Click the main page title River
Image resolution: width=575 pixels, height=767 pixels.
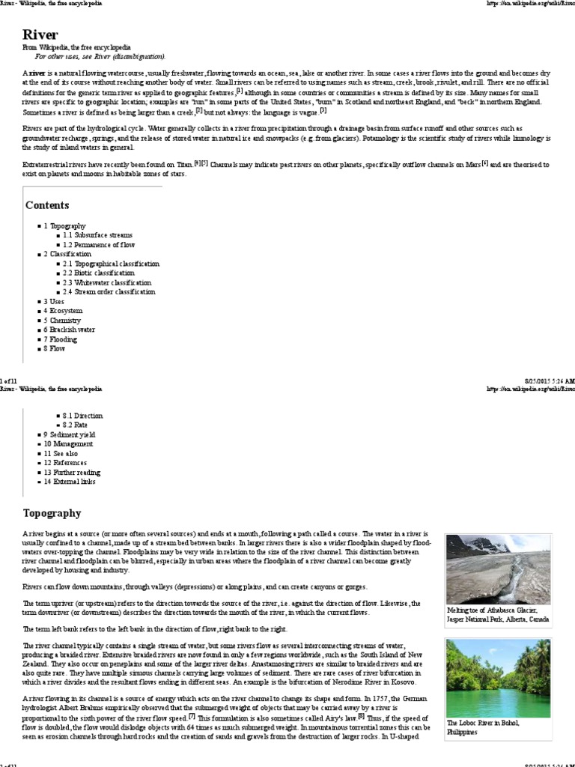point(40,34)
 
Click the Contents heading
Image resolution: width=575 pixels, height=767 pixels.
point(47,205)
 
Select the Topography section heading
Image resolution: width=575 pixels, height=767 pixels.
point(53,513)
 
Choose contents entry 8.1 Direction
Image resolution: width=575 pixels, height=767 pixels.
point(82,416)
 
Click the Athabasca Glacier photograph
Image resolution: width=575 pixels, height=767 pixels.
point(498,569)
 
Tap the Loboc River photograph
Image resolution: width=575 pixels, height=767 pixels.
point(498,678)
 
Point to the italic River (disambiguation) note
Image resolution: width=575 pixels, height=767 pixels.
point(100,56)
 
